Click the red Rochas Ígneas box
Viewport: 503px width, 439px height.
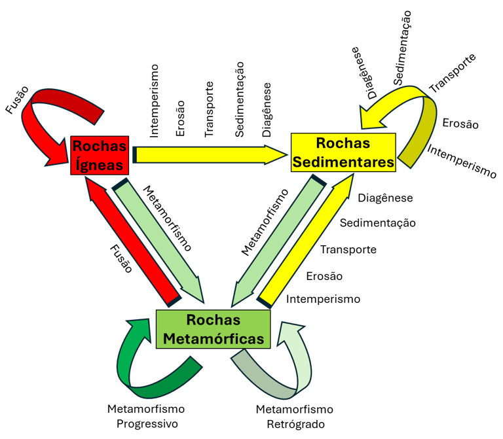tap(100, 155)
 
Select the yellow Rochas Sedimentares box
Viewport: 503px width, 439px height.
tap(343, 152)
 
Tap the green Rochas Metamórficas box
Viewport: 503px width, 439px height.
tap(214, 329)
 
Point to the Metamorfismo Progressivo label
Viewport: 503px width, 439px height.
tap(145, 416)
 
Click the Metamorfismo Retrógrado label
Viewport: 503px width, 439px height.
tap(294, 416)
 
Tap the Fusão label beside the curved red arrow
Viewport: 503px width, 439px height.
tap(18, 97)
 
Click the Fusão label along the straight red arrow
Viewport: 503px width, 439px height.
tap(121, 258)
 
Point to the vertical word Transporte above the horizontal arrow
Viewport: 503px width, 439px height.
tap(210, 109)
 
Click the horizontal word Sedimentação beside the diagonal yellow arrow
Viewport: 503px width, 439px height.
tap(377, 223)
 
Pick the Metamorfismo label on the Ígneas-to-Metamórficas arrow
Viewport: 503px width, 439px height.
tap(167, 219)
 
